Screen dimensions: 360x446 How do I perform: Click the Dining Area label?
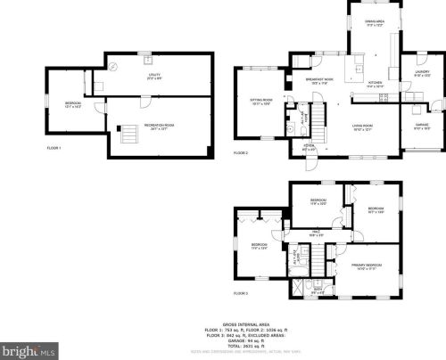coord(373,21)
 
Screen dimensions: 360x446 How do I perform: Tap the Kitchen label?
coord(375,85)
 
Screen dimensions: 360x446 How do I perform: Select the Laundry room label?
coord(422,75)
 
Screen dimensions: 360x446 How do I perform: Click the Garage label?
coord(422,126)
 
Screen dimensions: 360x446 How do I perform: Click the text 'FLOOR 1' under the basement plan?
coord(54,147)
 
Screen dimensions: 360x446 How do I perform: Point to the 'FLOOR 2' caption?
coord(241,153)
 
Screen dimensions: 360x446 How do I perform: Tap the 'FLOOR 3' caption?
coord(241,293)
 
